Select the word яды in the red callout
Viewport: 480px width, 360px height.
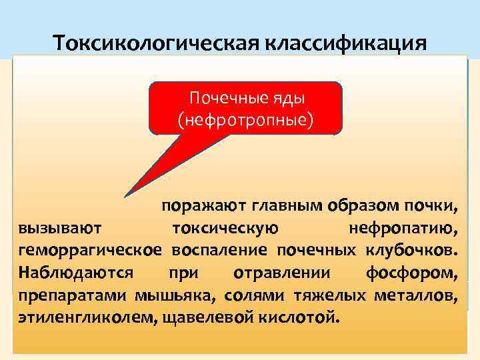coord(283,99)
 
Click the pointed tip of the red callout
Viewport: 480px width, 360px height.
coord(125,197)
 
